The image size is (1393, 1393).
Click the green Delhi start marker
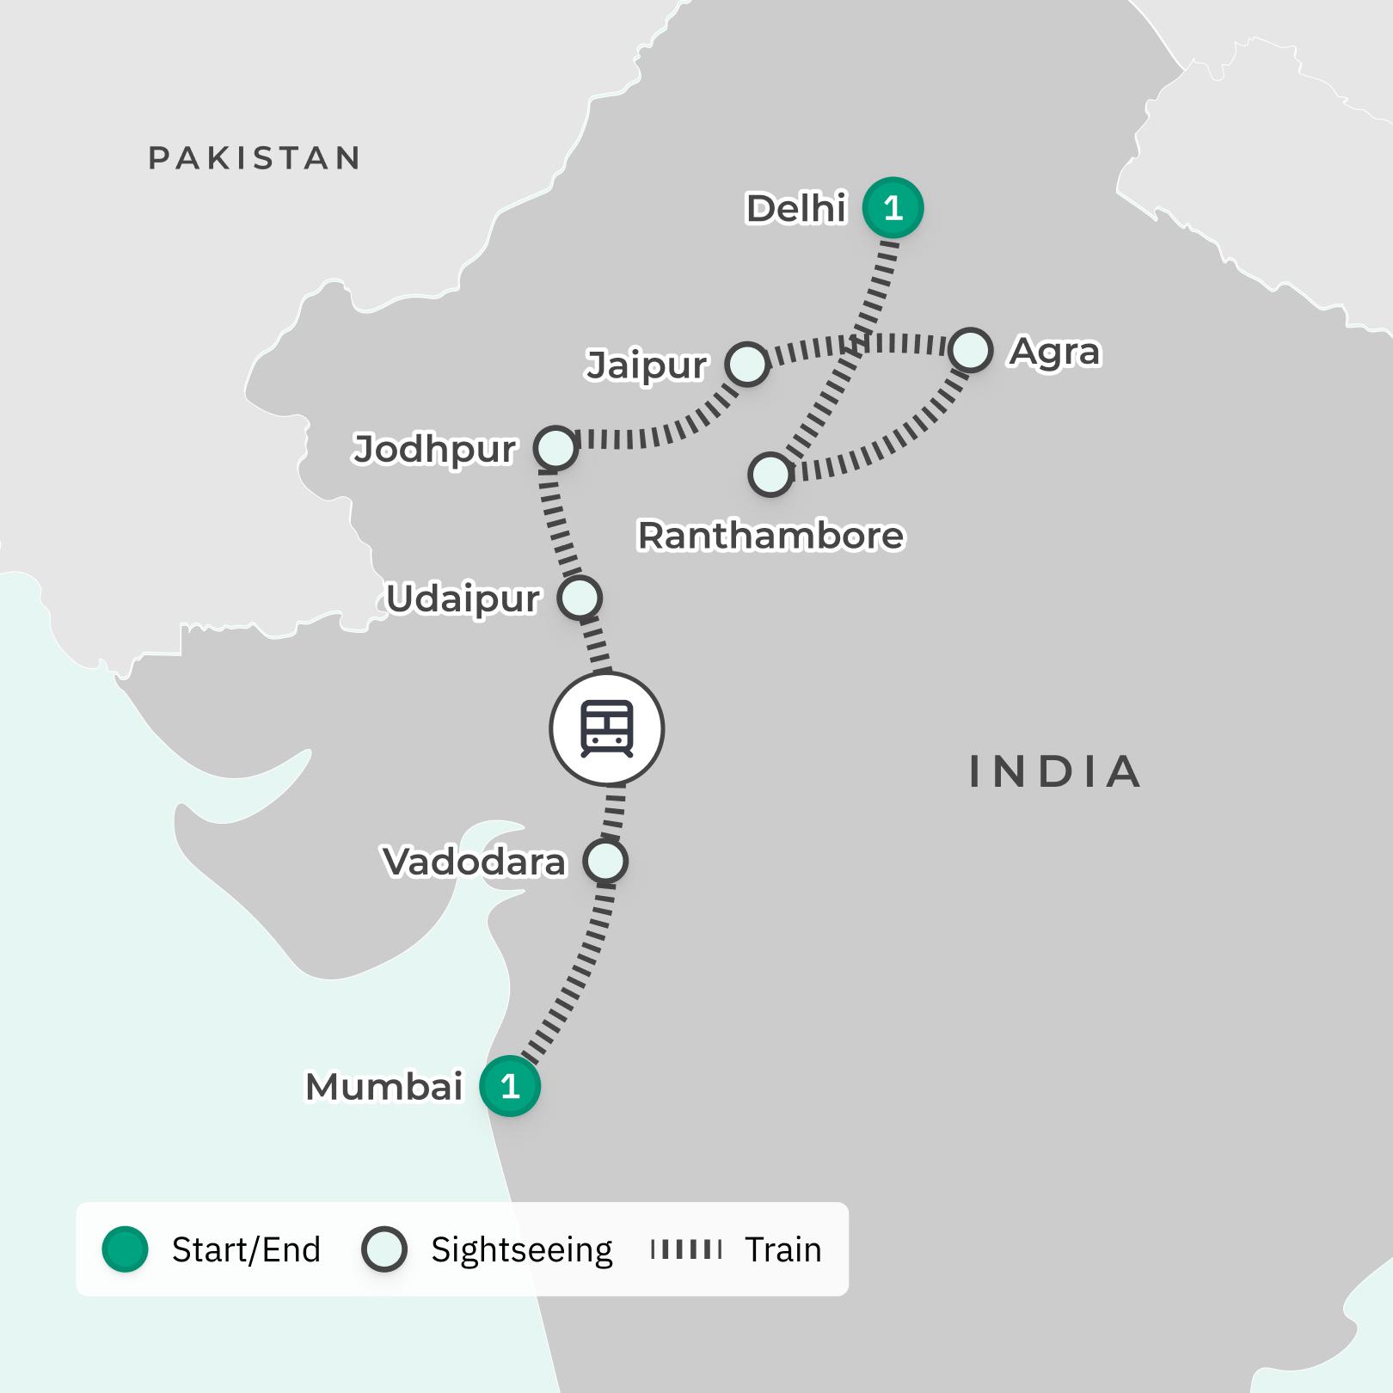click(x=893, y=208)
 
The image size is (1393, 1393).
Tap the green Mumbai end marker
click(x=510, y=1086)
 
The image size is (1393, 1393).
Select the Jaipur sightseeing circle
click(x=746, y=364)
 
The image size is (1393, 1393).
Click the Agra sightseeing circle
click(x=971, y=351)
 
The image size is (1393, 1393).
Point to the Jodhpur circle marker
click(x=555, y=448)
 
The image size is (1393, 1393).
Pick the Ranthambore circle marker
click(x=770, y=475)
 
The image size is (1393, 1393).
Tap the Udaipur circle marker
click(x=580, y=598)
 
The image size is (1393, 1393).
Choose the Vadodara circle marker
click(x=605, y=861)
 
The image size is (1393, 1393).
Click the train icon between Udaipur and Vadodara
click(x=607, y=729)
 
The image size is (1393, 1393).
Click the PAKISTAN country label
click(x=255, y=158)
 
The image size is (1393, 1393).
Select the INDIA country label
click(x=1055, y=771)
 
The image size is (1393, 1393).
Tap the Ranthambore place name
click(x=770, y=536)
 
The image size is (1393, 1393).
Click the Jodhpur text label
click(x=434, y=449)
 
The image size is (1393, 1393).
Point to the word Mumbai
click(x=384, y=1087)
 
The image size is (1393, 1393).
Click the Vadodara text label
click(x=475, y=862)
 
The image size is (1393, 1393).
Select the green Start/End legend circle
click(x=126, y=1249)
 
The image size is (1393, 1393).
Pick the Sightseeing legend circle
click(x=384, y=1249)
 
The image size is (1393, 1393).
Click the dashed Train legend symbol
click(x=686, y=1249)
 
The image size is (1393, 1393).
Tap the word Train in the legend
click(x=782, y=1249)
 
